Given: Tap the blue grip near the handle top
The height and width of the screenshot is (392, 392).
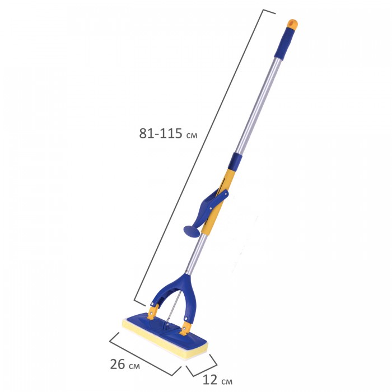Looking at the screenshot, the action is click(284, 43).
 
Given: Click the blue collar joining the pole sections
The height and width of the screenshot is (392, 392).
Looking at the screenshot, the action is click(236, 160).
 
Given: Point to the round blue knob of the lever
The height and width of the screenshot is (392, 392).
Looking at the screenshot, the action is click(192, 231).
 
